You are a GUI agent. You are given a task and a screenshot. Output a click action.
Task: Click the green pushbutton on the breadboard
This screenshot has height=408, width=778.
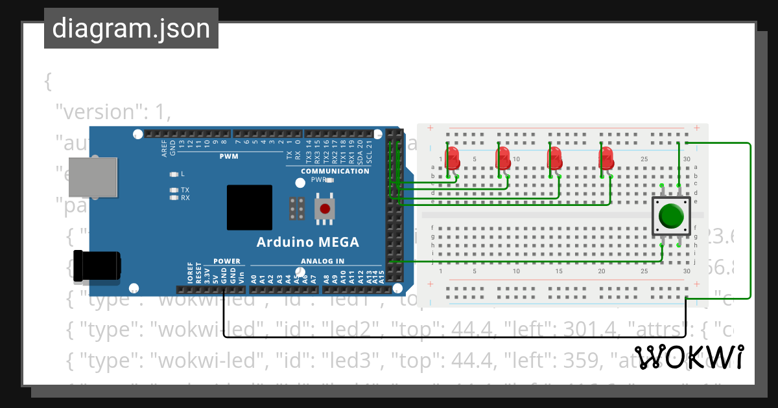[x=671, y=216]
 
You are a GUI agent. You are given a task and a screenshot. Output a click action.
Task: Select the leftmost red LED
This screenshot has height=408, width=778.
[x=453, y=157]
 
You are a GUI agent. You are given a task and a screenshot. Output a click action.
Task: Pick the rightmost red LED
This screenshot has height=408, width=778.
[x=606, y=157]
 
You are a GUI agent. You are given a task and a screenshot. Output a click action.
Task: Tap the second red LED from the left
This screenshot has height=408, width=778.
[x=503, y=157]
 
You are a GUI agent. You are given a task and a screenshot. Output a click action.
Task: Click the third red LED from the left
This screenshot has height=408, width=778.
[x=554, y=157]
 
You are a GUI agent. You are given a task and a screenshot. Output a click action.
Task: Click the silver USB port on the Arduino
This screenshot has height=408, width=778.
[x=93, y=177]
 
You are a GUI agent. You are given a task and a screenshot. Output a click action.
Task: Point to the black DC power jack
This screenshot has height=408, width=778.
[x=97, y=266]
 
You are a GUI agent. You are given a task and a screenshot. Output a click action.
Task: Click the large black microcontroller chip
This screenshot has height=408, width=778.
[x=250, y=207]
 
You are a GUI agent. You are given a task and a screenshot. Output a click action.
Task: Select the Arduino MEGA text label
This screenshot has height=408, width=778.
[x=307, y=242]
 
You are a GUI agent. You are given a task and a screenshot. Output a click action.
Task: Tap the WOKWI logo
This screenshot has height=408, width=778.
[x=689, y=358]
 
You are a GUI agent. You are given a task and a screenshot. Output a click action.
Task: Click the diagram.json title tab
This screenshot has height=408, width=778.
[x=131, y=28]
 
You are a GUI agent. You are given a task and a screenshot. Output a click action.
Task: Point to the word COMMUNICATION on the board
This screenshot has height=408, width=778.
[x=335, y=172]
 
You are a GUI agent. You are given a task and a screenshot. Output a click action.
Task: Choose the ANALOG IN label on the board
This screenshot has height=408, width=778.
[x=322, y=262]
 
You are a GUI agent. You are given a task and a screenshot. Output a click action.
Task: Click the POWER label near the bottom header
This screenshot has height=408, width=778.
[x=227, y=262]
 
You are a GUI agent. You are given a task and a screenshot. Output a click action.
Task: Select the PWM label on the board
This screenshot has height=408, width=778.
[x=229, y=157]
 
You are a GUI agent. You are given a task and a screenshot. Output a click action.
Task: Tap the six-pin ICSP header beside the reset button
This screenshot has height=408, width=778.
[x=298, y=209]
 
